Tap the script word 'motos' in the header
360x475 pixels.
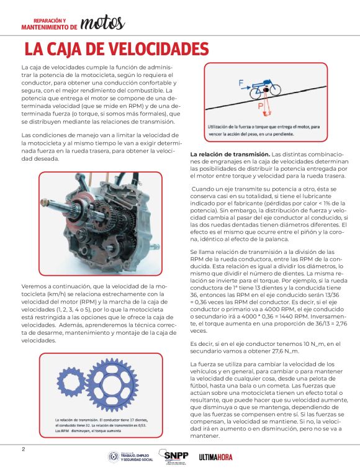click(102, 23)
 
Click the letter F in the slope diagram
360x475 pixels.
click(241, 83)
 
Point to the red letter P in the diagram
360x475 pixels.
click(261, 106)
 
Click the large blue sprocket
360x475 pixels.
click(111, 385)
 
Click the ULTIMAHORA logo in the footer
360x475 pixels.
click(215, 457)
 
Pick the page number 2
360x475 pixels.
click(24, 450)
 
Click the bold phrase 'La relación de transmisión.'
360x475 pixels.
click(230, 154)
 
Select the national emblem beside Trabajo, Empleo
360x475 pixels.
click(114, 457)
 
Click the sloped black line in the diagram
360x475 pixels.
click(266, 98)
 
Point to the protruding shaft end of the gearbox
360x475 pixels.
click(45, 202)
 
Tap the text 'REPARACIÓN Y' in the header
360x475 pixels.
click(50, 21)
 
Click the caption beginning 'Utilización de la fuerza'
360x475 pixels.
click(264, 130)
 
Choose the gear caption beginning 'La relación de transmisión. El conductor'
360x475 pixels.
click(101, 425)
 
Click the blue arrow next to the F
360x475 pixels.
click(246, 88)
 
